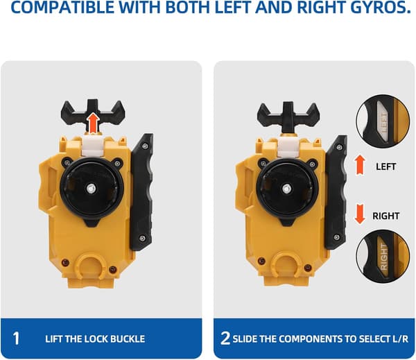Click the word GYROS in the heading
click(379, 8)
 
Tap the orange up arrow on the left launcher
click(93, 123)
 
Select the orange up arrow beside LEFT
click(360, 164)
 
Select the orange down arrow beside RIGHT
click(360, 214)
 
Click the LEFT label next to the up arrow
click(386, 166)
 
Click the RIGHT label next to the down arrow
click(386, 216)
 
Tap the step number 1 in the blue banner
click(16, 338)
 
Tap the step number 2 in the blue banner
click(225, 338)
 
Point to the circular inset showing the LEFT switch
click(383, 121)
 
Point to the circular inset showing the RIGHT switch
click(383, 257)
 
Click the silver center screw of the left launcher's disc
click(91, 189)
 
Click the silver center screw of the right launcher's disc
click(286, 189)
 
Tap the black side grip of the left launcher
click(141, 191)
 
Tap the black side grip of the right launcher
click(336, 191)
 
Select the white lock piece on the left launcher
click(93, 146)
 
